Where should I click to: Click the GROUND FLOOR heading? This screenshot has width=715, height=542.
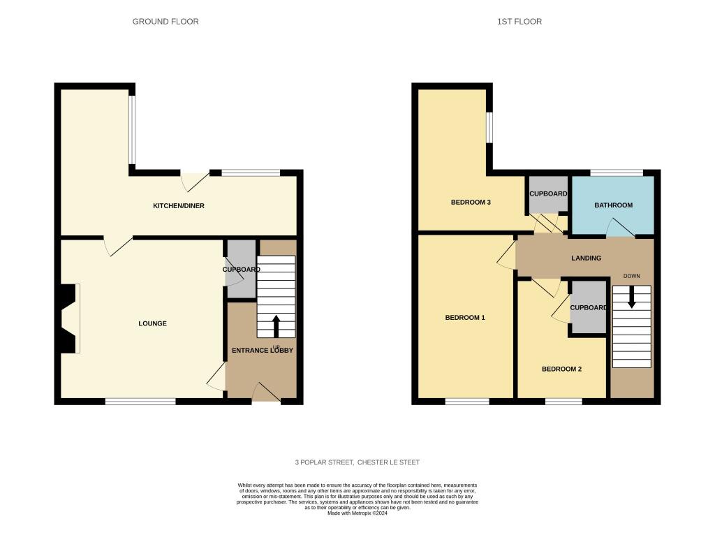165,22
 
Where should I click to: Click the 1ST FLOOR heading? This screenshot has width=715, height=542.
519,22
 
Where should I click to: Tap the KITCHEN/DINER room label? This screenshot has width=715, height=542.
179,206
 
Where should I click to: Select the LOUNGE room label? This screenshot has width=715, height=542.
152,323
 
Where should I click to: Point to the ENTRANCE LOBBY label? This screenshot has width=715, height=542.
262,350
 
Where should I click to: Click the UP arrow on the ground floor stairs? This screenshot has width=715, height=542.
276,325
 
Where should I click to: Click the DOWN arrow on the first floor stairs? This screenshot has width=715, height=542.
632,298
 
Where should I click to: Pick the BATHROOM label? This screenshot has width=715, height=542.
613,205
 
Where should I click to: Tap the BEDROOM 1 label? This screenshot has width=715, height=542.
465,318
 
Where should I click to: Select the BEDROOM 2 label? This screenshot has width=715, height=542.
561,369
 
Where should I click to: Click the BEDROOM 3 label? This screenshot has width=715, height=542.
471,203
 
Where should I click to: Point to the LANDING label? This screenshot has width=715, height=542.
586,258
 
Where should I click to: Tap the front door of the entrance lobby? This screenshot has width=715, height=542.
266,393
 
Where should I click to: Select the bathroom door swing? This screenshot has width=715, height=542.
620,228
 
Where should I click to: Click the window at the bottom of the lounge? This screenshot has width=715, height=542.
140,401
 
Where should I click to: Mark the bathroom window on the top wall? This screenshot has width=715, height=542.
617,172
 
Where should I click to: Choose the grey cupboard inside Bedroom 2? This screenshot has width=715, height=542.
588,307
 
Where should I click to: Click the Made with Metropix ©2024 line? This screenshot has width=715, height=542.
357,513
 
